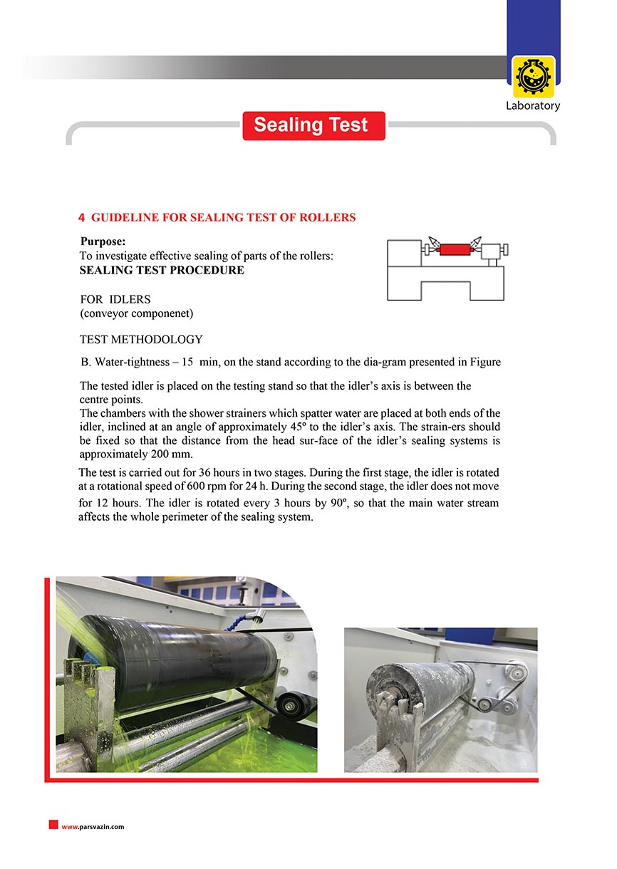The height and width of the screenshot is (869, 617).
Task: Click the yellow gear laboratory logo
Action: (x=533, y=77)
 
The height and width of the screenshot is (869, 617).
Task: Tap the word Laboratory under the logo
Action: (x=533, y=106)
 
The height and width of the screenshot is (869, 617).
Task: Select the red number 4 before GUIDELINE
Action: (x=81, y=217)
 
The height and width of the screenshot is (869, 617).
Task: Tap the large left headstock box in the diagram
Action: (x=404, y=254)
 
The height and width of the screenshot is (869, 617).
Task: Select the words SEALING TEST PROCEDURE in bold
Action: (x=162, y=271)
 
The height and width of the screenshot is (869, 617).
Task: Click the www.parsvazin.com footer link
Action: (x=93, y=827)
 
